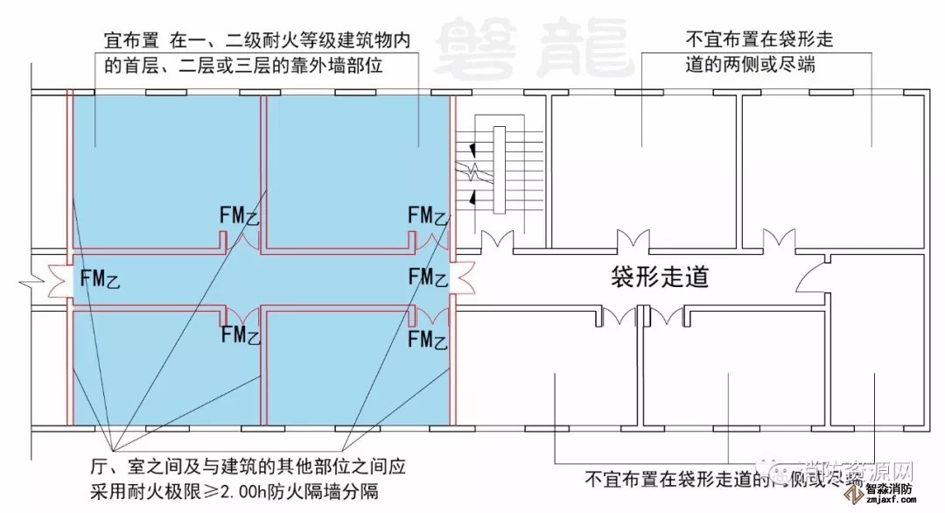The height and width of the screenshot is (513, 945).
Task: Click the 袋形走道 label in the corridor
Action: (659, 278)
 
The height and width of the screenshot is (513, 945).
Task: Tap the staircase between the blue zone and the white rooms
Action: (500, 172)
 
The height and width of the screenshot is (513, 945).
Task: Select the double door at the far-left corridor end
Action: (57, 280)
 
